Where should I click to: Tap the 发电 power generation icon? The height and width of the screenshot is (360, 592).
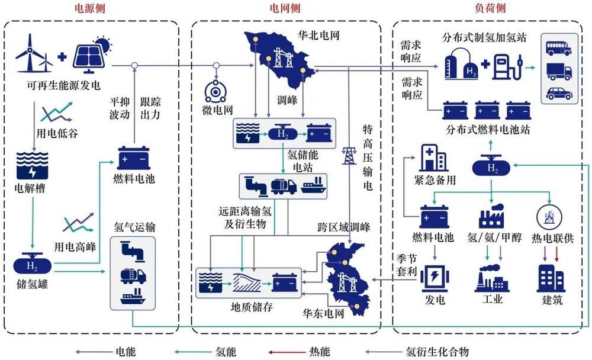pyautogui.click(x=434, y=278)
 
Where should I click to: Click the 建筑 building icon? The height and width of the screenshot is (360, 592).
pyautogui.click(x=550, y=278)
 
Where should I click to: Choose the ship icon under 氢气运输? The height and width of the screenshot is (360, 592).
pyautogui.click(x=133, y=298)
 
